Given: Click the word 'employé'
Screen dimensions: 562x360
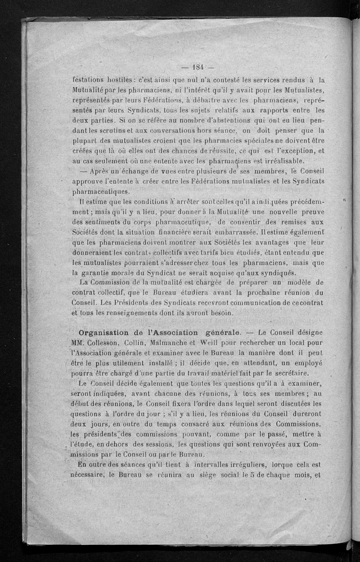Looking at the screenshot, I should pos(307,363).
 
